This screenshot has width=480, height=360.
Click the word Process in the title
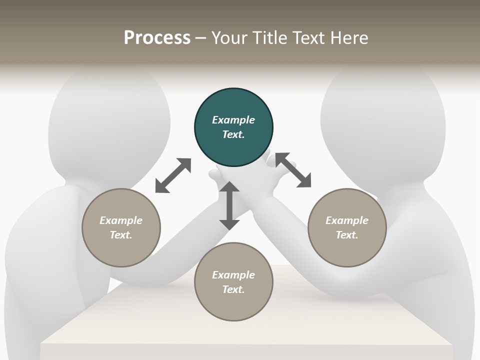157,38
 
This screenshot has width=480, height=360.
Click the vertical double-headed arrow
229,205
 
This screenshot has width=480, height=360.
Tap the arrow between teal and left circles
173,175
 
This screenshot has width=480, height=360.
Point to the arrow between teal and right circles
293,170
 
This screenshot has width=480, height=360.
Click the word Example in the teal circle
233,120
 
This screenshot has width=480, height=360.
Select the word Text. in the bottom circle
233,289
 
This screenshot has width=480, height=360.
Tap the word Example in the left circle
121,220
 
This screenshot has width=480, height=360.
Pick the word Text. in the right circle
347,235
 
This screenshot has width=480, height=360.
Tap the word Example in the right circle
347,220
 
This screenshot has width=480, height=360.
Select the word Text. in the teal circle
233,134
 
